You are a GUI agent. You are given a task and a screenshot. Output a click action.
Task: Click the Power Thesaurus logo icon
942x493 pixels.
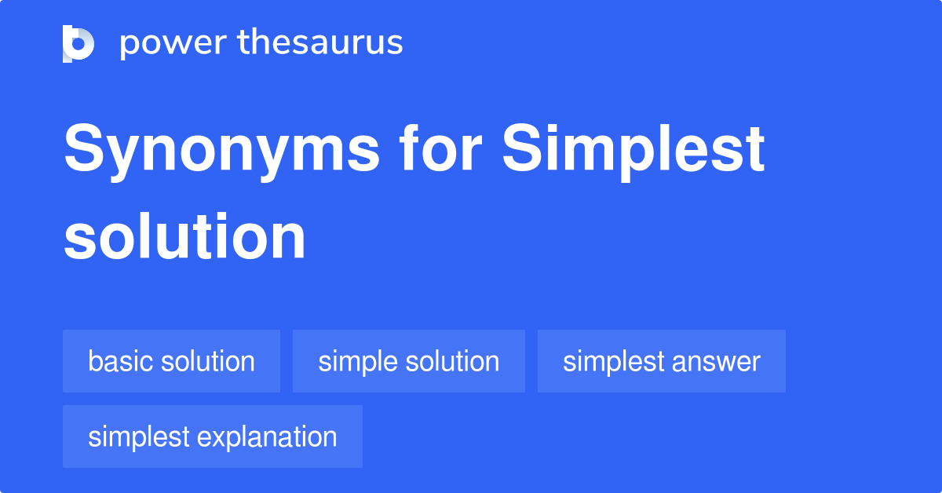pyautogui.click(x=78, y=43)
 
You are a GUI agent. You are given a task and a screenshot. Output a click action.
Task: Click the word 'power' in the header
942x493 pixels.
pyautogui.click(x=171, y=43)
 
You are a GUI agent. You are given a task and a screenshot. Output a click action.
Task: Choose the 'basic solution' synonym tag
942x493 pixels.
pyautogui.click(x=171, y=361)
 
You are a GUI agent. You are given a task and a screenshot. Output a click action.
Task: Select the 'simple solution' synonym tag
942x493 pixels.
pyautogui.click(x=408, y=361)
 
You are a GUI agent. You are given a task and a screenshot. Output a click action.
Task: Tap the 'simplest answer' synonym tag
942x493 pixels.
pyautogui.click(x=661, y=361)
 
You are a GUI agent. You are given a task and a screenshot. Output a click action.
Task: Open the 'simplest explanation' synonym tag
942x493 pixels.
pyautogui.click(x=212, y=436)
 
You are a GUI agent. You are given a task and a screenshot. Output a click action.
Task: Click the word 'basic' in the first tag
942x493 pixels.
pyautogui.click(x=121, y=361)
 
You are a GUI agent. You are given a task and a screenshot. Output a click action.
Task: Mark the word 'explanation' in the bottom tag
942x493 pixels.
pyautogui.click(x=267, y=437)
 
